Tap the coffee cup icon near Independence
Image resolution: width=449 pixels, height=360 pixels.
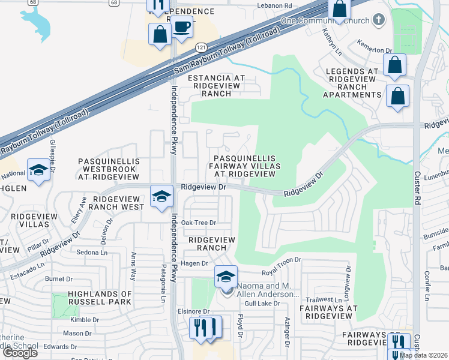point(182,27)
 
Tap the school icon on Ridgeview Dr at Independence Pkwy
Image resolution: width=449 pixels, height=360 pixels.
point(161,197)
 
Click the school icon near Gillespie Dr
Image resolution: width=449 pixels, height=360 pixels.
point(38,170)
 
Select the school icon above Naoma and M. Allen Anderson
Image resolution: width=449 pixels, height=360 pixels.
point(226,277)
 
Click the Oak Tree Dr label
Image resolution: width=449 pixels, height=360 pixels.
point(198,223)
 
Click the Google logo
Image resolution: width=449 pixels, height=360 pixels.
point(20,353)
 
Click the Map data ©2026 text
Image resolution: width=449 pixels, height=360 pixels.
point(423,355)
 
